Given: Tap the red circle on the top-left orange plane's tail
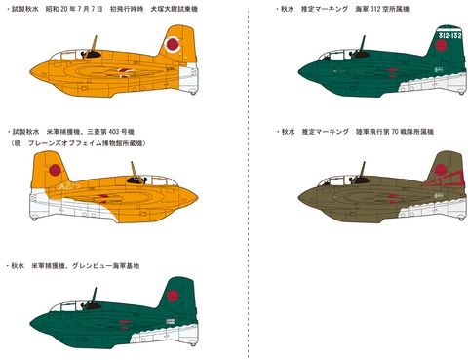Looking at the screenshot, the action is coord(173,44).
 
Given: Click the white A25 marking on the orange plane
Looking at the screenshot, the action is coord(41,201).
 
